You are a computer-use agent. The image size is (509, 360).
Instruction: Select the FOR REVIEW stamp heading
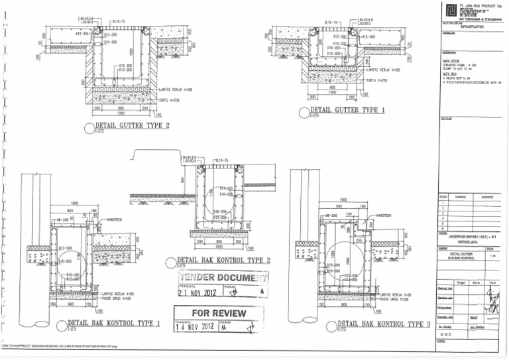point(218,313)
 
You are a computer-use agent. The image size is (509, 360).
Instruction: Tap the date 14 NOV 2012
point(196,327)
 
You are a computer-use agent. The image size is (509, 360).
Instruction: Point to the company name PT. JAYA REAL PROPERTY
point(478,5)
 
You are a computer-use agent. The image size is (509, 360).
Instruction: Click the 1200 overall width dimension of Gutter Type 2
point(121,113)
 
